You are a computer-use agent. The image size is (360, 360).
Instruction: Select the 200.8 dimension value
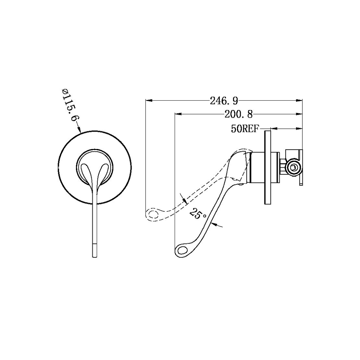(239, 114)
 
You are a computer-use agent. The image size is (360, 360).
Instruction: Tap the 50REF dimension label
(245, 129)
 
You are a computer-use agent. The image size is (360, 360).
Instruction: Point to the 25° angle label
(198, 213)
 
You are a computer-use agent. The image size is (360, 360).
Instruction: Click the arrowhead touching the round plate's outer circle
(79, 130)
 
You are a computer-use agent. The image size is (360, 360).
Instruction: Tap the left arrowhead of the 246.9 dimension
(149, 100)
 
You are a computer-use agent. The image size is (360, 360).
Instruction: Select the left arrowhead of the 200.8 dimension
(178, 114)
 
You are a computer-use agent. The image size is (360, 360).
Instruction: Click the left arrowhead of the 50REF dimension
(274, 129)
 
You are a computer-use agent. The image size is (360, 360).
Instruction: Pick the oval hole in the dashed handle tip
(153, 214)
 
